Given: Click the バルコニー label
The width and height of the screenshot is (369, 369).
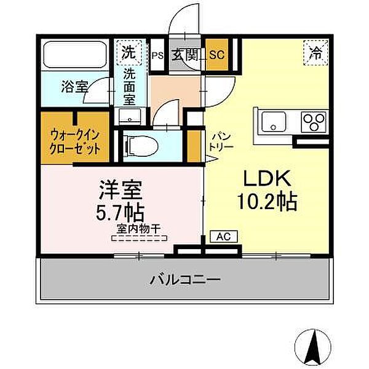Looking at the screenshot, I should point(185,280).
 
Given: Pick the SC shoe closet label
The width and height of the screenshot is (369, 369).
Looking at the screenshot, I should point(217,54).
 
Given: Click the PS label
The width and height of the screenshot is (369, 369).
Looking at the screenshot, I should point(157,55).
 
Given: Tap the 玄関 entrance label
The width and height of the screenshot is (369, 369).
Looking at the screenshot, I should point(185,54).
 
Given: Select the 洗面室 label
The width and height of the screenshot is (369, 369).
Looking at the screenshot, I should point(129,86).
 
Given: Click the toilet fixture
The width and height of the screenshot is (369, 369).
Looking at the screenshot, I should point(139,146).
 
